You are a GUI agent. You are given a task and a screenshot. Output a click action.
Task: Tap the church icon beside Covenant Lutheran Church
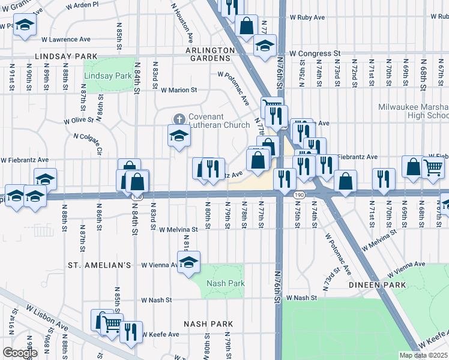pyautogui.click(x=178, y=118)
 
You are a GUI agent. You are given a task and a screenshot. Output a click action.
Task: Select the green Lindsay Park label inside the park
pyautogui.click(x=107, y=76)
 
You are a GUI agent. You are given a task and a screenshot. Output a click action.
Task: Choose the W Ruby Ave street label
pyautogui.click(x=308, y=18)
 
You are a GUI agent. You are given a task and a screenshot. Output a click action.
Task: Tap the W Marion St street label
pyautogui.click(x=179, y=90)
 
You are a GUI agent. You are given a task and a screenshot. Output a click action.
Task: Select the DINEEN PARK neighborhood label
pyautogui.click(x=373, y=285)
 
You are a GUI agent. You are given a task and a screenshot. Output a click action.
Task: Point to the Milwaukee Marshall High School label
pyautogui.click(x=413, y=112)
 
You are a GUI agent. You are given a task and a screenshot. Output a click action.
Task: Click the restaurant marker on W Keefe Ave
pyautogui.click(x=131, y=331)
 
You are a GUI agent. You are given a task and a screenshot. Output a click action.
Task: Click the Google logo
pyautogui.click(x=19, y=353)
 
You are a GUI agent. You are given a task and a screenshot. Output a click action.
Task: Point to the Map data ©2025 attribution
pyautogui.click(x=423, y=355)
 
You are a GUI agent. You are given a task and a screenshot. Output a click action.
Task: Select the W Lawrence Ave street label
pyautogui.click(x=66, y=39)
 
